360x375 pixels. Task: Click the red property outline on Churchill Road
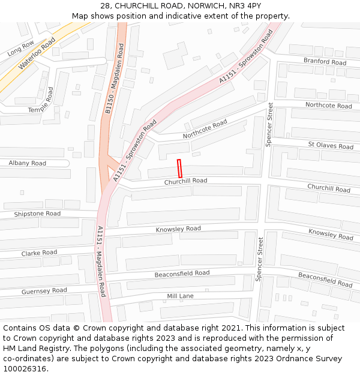point(179,168)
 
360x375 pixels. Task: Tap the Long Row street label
point(21,49)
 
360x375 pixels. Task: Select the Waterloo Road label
point(37,53)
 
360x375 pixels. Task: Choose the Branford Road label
point(325,61)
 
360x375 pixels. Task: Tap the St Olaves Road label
point(331,145)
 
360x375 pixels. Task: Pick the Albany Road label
point(27,163)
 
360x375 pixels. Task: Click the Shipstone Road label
point(37,214)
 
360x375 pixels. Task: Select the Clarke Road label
point(39,253)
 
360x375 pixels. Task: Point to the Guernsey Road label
point(44,291)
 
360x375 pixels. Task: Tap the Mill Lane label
point(180,296)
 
